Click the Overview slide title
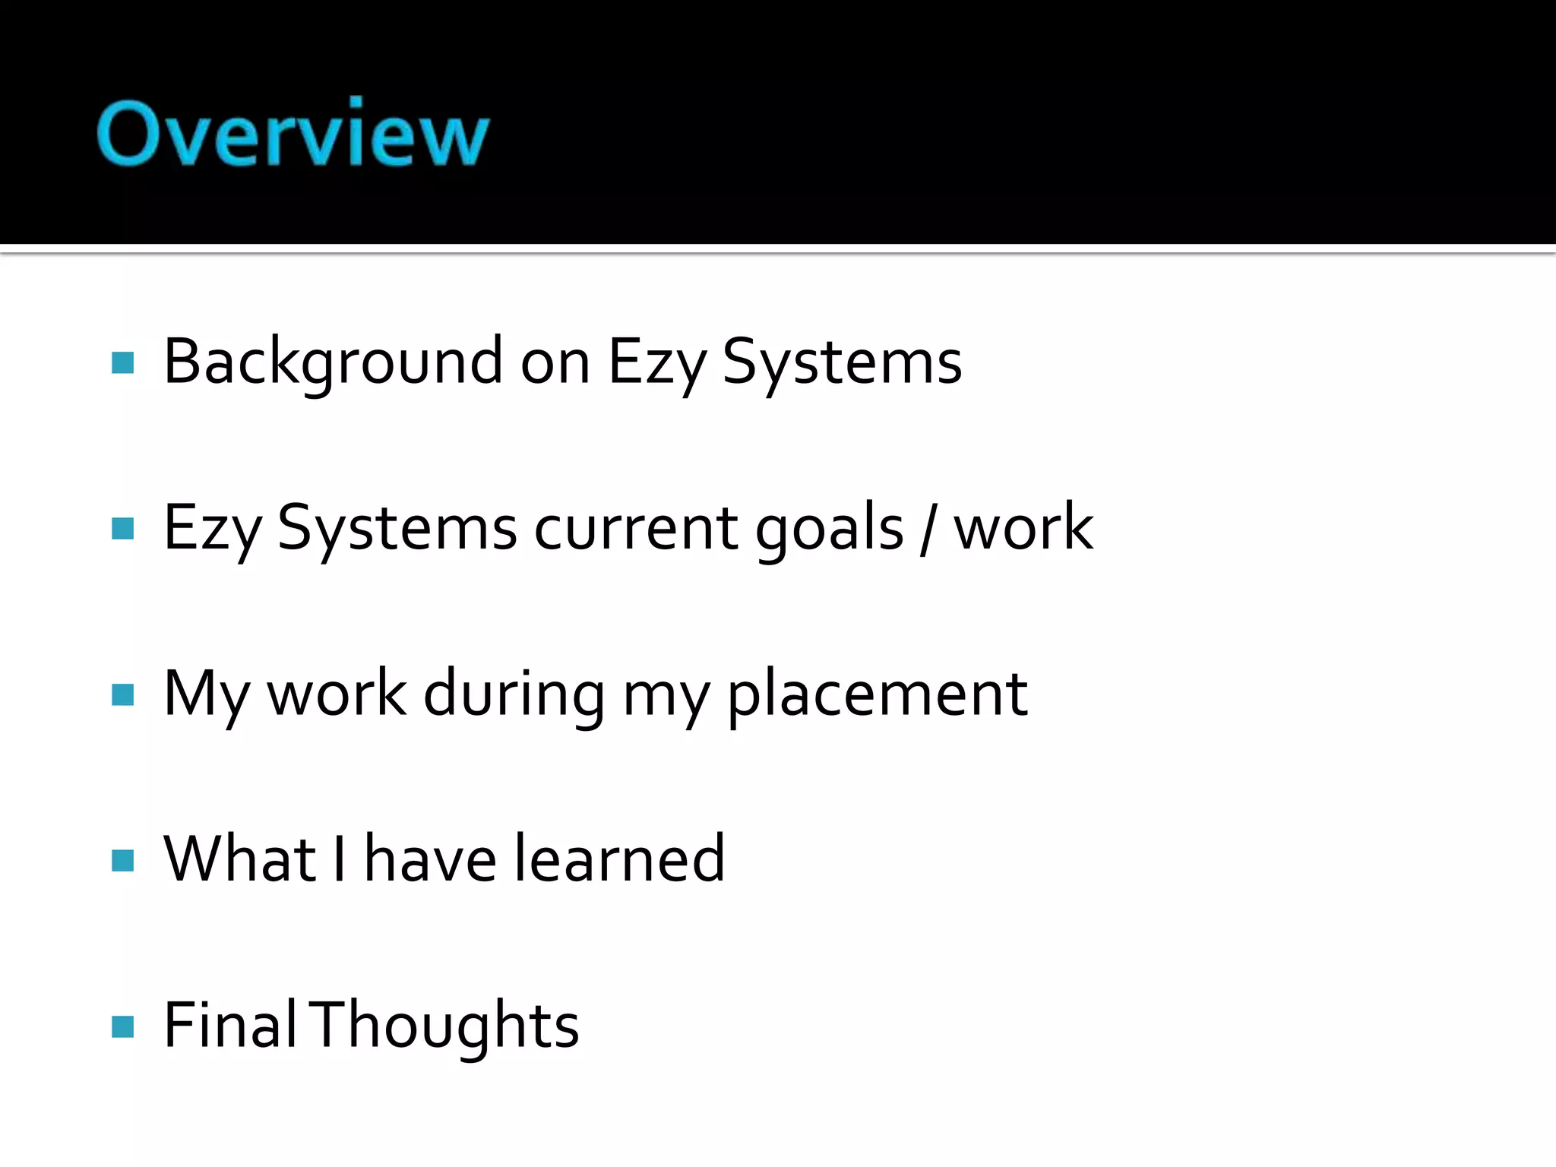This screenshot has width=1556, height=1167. tap(293, 133)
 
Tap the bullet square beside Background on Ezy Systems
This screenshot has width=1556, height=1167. tap(122, 362)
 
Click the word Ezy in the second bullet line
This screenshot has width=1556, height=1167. tap(212, 529)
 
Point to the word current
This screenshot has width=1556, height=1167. tap(635, 529)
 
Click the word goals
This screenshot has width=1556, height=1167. tap(829, 529)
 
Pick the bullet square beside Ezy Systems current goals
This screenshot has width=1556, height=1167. tap(122, 528)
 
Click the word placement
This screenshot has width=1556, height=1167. tap(878, 694)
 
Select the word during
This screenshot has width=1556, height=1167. tap(514, 694)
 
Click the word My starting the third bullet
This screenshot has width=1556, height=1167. tap(206, 694)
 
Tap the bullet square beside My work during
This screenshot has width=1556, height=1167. tap(122, 694)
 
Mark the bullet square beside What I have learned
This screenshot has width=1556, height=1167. tap(122, 861)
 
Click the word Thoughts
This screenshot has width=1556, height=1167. tap(447, 1026)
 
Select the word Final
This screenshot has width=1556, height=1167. tap(229, 1026)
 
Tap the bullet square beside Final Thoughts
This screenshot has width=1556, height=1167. tap(122, 1026)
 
